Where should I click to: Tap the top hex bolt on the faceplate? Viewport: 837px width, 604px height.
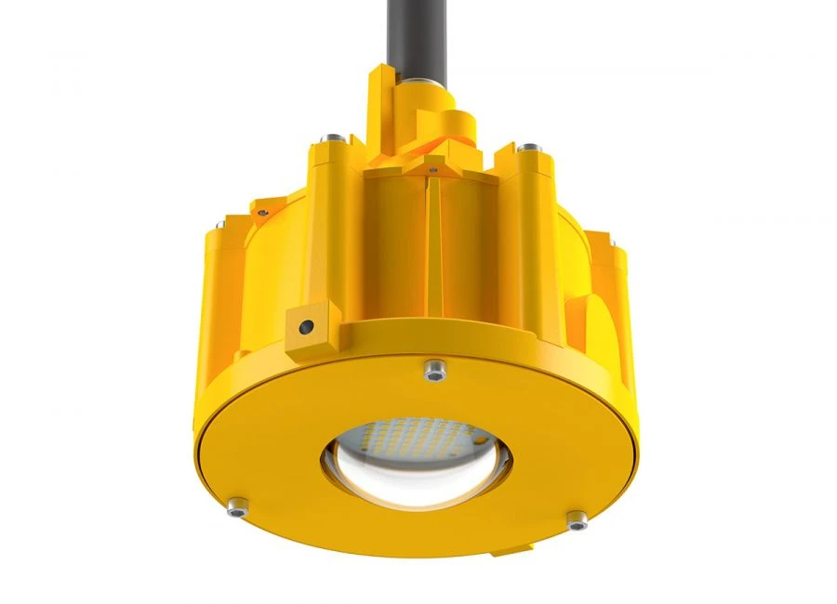coord(431,371)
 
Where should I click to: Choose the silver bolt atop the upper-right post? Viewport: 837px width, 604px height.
coord(528,147)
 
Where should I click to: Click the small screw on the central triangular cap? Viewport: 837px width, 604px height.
coord(433,170)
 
